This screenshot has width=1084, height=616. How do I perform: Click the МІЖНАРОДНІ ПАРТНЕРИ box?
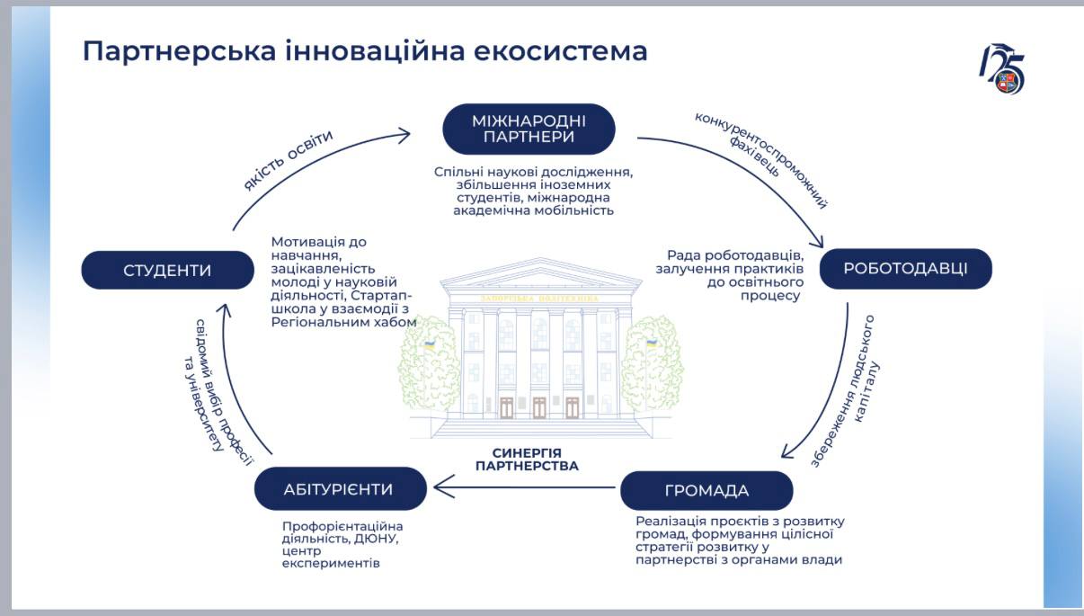529,129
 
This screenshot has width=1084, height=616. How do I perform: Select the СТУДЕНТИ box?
167,270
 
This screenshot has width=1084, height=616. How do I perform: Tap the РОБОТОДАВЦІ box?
905,268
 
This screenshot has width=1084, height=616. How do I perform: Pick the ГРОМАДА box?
706,490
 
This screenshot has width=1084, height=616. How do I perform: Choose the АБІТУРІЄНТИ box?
339,489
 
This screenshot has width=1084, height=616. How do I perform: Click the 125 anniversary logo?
1001,68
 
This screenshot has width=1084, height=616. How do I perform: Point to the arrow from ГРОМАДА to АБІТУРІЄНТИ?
526,488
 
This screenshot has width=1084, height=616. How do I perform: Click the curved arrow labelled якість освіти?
306,171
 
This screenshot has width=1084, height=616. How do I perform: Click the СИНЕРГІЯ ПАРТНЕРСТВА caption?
527,460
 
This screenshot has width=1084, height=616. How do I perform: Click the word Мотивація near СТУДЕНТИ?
307,242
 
